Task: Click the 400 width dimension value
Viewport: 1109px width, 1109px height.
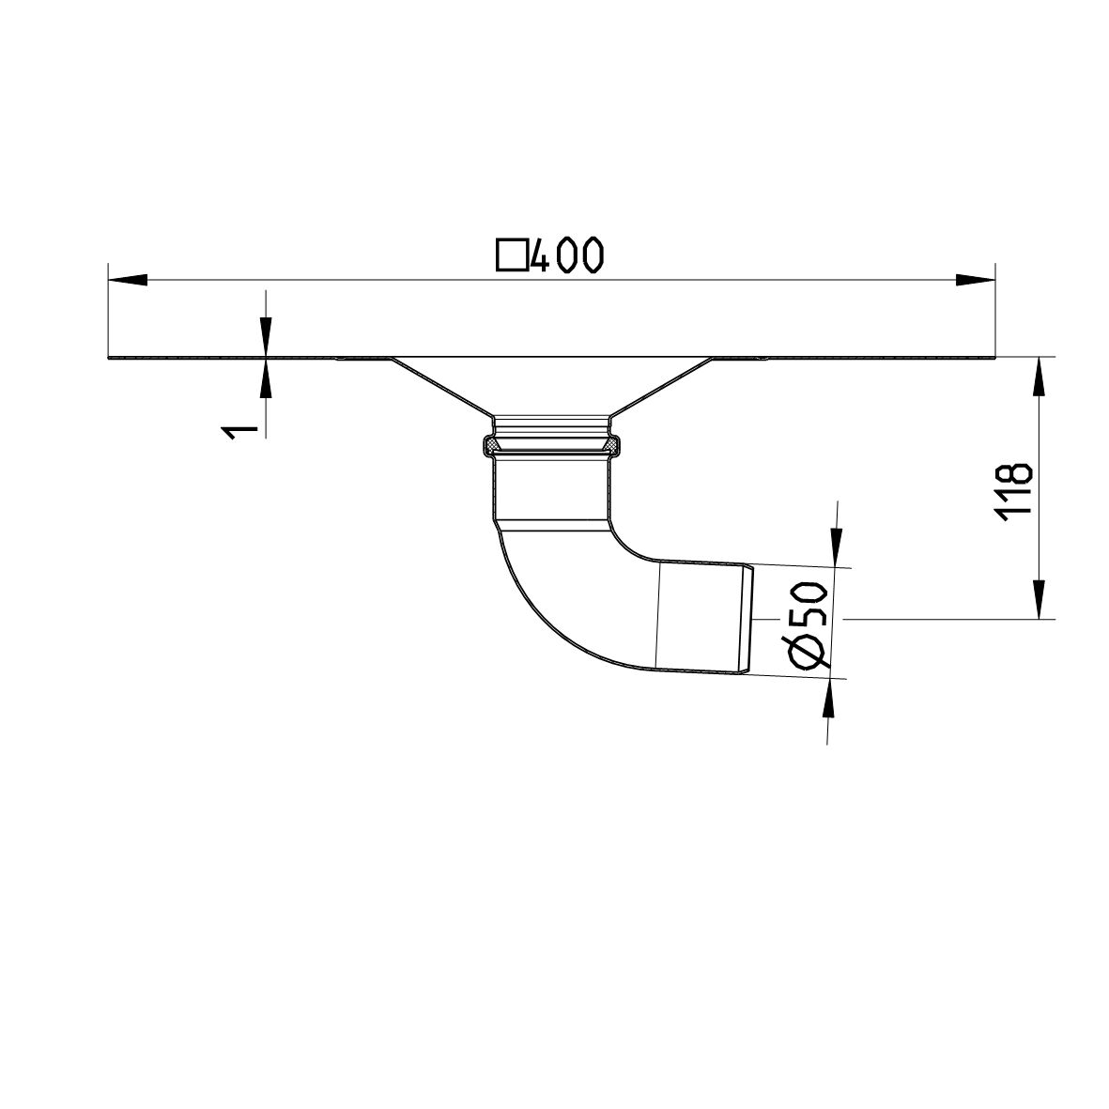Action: tap(565, 255)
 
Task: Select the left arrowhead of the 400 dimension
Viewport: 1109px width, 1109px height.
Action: tap(128, 279)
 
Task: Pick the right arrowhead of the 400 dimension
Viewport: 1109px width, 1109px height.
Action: tap(975, 279)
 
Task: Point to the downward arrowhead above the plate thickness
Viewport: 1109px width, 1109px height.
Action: tap(266, 336)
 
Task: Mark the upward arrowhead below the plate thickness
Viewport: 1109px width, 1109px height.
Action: tap(266, 379)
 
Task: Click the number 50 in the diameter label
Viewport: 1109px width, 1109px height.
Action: tap(809, 605)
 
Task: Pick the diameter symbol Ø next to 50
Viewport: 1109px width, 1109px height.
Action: tap(809, 650)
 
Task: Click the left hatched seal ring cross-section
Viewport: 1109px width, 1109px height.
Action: tap(489, 442)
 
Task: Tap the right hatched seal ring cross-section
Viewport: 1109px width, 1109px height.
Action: tap(614, 442)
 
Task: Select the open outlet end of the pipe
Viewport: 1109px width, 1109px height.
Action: tap(748, 619)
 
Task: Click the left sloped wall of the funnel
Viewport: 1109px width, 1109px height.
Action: tap(441, 388)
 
